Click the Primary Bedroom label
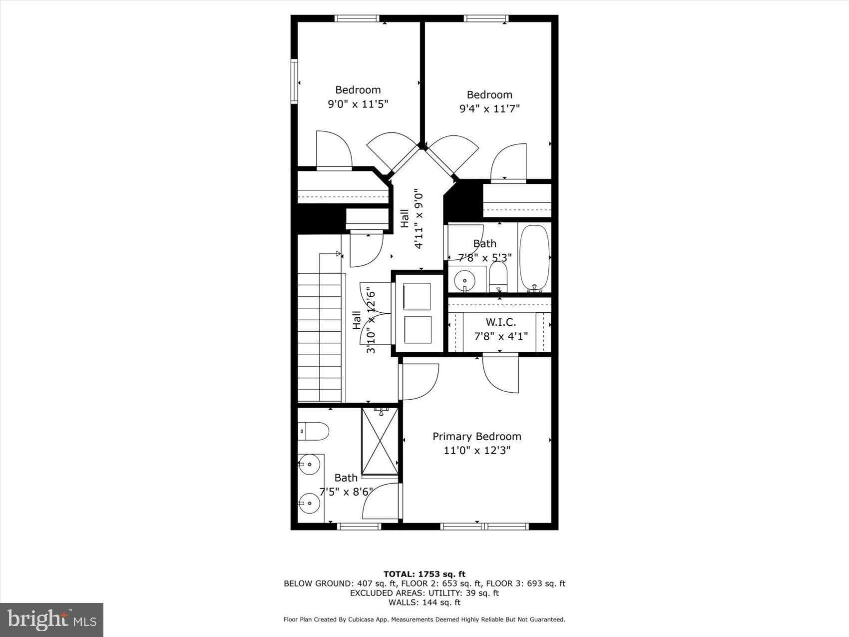coord(476,437)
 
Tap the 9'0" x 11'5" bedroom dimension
coord(358,104)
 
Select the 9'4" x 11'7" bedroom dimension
coord(489,108)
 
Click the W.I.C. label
coord(500,322)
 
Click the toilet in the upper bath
coord(498,276)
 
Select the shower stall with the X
coord(380,441)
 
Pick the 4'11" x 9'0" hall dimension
coord(419,220)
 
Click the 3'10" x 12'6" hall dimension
coord(371,320)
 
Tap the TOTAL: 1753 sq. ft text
coord(424,574)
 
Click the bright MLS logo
coord(51,620)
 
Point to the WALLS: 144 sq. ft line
coord(424,603)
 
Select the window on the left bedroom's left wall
coord(295,81)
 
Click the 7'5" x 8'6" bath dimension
coord(346,492)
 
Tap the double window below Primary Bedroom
coord(484,526)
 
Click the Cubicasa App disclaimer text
coord(424,620)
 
